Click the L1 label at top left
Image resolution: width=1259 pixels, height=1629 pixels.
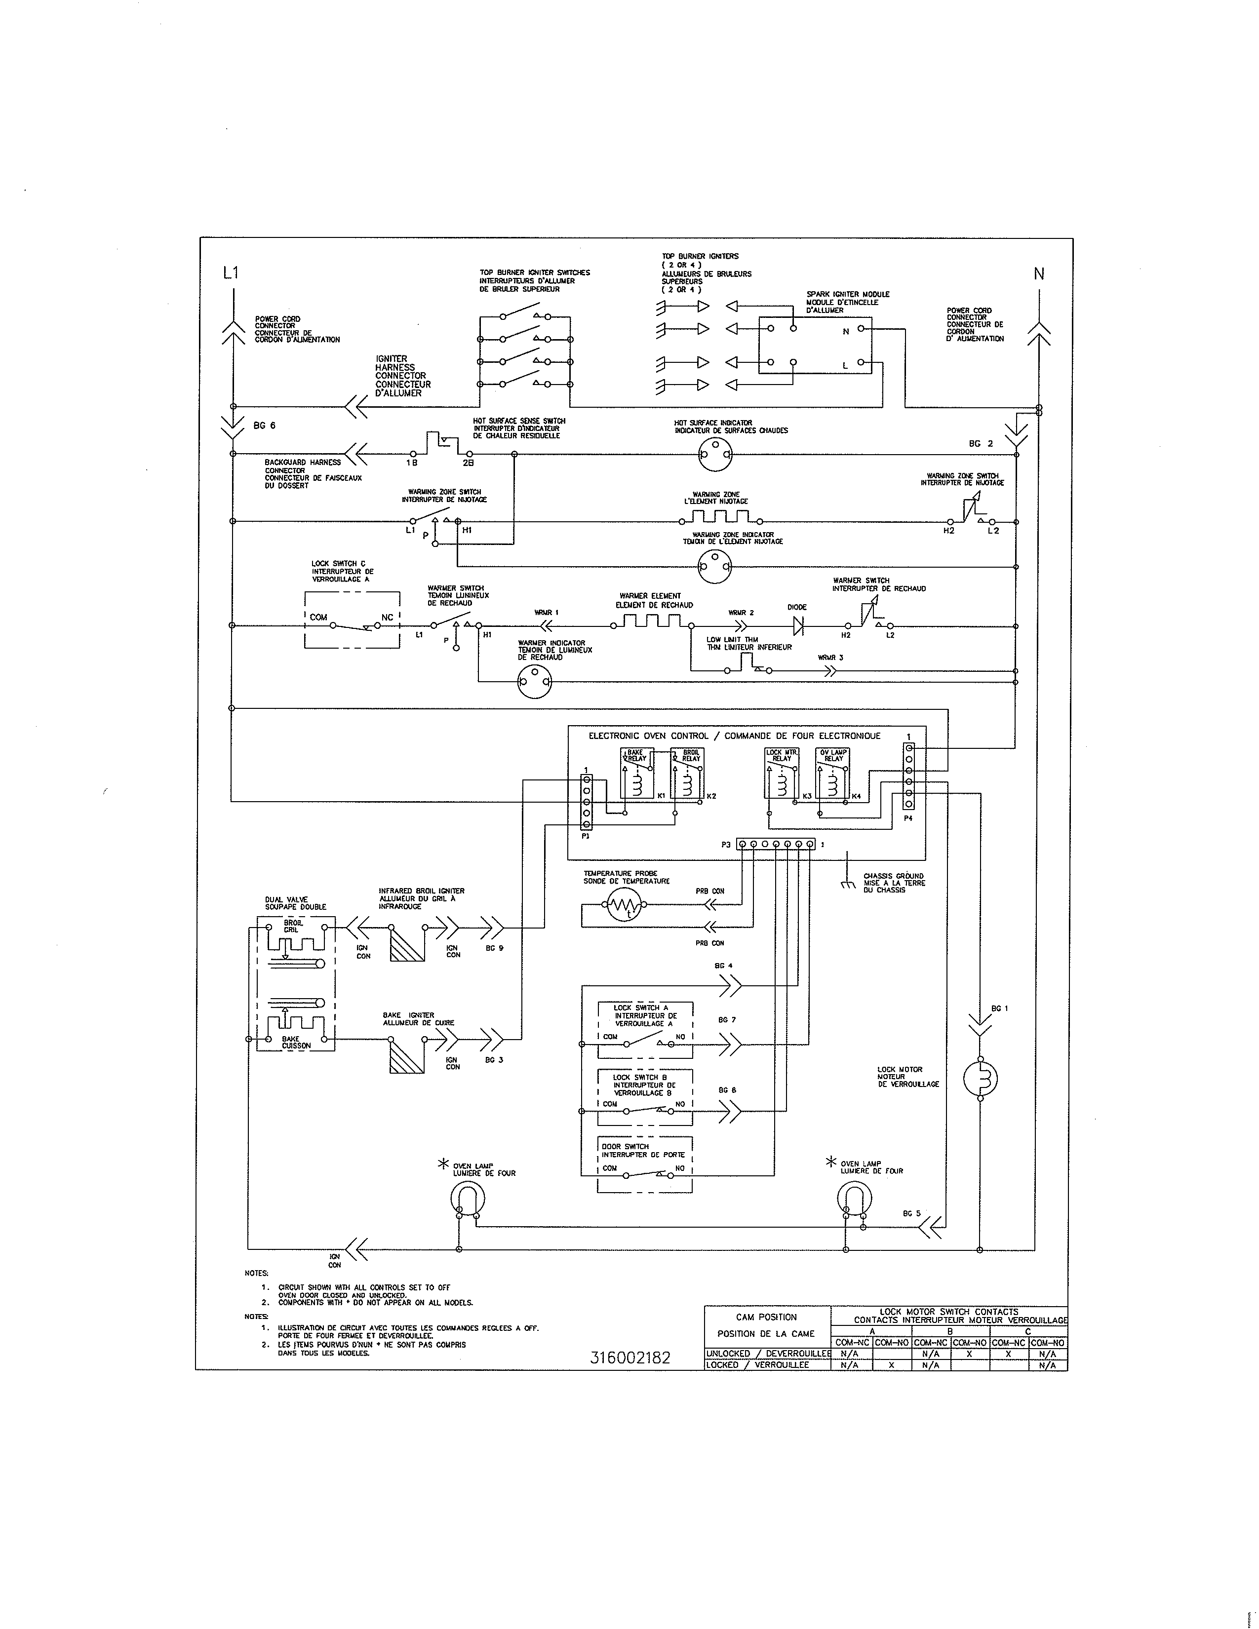coord(231,273)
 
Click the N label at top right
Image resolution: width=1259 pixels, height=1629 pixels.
coord(1038,274)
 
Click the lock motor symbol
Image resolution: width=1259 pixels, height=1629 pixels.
coord(980,1079)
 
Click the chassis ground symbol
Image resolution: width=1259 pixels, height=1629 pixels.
coord(847,885)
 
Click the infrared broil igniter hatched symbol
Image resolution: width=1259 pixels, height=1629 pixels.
coord(406,943)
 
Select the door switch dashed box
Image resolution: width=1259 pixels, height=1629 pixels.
coord(646,1166)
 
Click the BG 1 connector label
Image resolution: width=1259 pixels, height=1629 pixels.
coord(999,1008)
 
